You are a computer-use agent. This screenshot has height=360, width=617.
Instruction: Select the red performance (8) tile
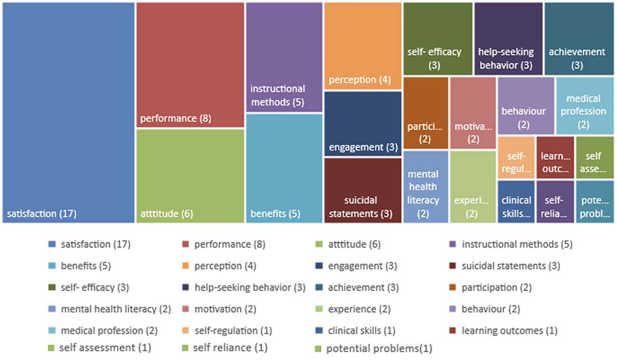[190, 64]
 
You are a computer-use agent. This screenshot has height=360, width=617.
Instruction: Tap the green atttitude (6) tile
[190, 175]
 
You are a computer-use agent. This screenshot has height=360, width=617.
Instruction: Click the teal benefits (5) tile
[284, 168]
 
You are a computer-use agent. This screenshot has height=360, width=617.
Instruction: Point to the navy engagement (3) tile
[362, 123]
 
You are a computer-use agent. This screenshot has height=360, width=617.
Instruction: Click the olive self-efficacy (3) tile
[437, 38]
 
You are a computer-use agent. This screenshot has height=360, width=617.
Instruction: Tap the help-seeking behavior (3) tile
[508, 38]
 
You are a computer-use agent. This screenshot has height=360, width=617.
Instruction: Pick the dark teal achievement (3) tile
[577, 38]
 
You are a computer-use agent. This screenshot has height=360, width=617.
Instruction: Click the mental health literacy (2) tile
[425, 187]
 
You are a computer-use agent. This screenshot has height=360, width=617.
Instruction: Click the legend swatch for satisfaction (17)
[52, 244]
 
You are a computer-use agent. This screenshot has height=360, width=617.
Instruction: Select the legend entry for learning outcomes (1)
[510, 330]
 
